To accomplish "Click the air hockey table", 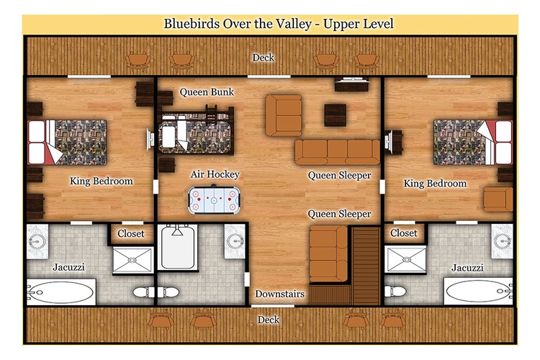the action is click(x=215, y=199).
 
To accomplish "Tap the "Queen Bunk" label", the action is click(x=207, y=92).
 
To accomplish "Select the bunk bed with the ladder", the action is click(x=197, y=132).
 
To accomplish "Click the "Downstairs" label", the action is click(x=279, y=294).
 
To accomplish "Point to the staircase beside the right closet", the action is click(x=366, y=265).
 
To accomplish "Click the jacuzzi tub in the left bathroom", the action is click(x=61, y=292).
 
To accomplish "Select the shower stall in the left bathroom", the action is click(x=132, y=260).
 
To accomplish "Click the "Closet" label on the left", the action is click(x=131, y=233).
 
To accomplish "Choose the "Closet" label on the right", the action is click(x=404, y=233).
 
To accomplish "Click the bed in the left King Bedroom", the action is click(x=67, y=143).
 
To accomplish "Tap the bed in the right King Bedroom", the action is click(x=473, y=142).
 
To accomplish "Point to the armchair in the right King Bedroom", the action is click(x=498, y=199).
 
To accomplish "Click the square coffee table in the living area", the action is click(x=335, y=115).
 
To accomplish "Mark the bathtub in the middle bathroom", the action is click(x=178, y=247).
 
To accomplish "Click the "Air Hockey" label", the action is click(x=215, y=174).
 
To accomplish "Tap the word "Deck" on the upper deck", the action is click(x=263, y=58).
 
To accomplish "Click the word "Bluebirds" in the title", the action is click(x=192, y=24).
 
